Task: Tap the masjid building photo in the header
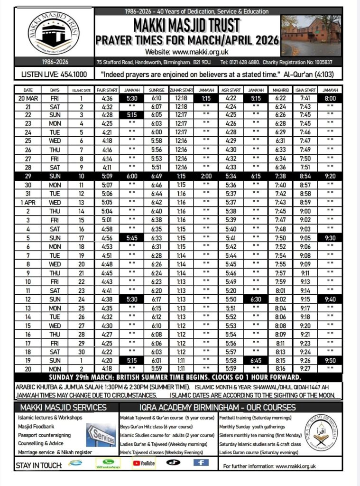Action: pyautogui.click(x=311, y=35)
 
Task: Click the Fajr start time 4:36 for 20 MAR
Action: pyautogui.click(x=107, y=98)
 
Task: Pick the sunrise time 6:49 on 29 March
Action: pyautogui.click(x=156, y=176)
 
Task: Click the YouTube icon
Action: pyautogui.click(x=144, y=463)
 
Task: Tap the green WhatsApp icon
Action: pyautogui.click(x=108, y=463)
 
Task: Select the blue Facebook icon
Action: pyautogui.click(x=201, y=463)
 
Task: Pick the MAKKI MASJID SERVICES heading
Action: pyautogui.click(x=64, y=407)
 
